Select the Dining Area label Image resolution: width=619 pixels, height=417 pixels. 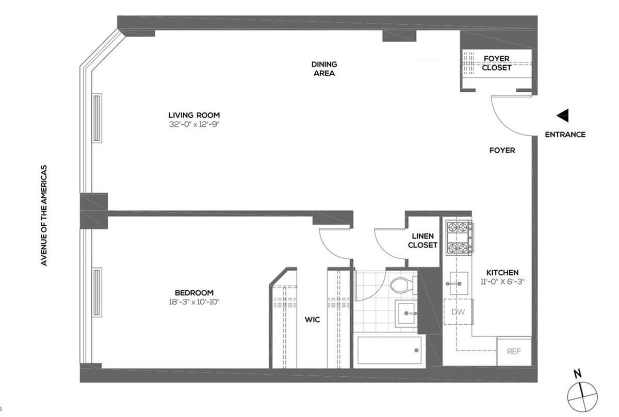pyautogui.click(x=324, y=69)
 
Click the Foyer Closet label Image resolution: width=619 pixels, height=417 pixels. pyautogui.click(x=497, y=63)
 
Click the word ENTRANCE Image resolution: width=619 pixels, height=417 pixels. pyautogui.click(x=565, y=135)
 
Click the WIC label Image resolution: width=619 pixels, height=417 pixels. pyautogui.click(x=312, y=320)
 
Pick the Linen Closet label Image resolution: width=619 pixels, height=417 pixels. pyautogui.click(x=422, y=241)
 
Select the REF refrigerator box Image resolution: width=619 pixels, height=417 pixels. pyautogui.click(x=513, y=352)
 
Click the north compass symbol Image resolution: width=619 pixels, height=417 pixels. pyautogui.click(x=582, y=395)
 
